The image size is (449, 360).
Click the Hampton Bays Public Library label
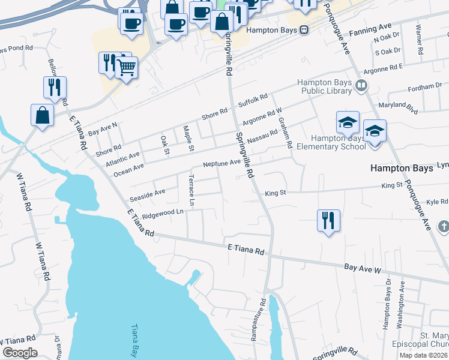tap(324, 86)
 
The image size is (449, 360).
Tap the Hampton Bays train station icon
tap(304, 29)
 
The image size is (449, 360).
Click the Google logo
tap(20, 353)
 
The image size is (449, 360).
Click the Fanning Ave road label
tap(373, 28)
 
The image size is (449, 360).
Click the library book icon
tap(361, 85)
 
